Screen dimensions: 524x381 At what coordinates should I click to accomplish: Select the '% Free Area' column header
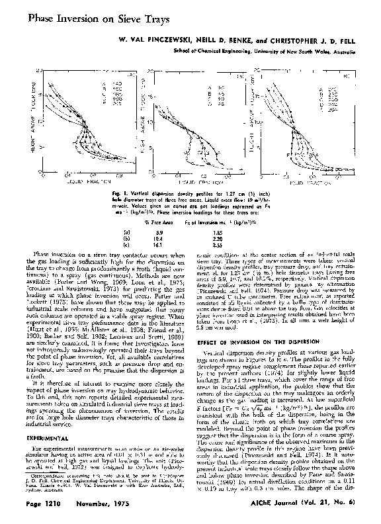150,223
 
